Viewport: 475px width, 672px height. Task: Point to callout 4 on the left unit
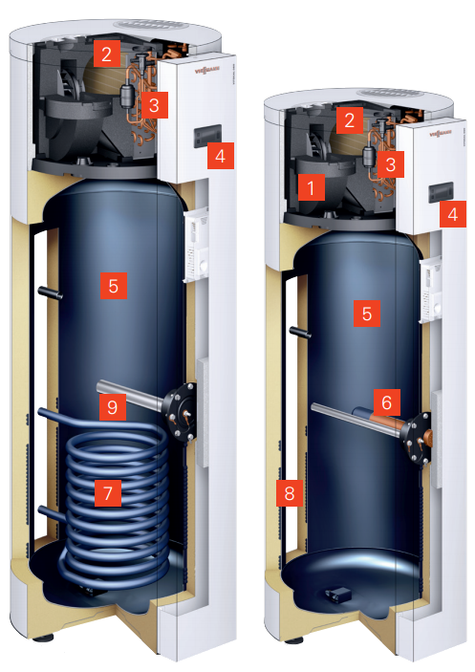point(220,154)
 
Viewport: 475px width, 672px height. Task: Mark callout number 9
point(113,407)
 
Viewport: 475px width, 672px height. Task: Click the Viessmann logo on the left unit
point(206,69)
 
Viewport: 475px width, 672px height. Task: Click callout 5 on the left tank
point(113,285)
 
